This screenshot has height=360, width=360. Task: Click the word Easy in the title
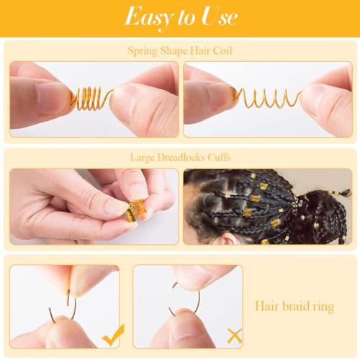pos(148,16)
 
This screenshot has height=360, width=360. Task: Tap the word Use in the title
pos(215,16)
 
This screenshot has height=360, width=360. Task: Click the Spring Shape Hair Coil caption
pos(179,50)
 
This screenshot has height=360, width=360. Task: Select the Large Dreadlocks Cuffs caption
pos(179,156)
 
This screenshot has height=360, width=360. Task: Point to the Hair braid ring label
pos(295,307)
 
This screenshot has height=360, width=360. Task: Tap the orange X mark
pos(234,335)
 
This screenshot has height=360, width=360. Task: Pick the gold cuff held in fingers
pos(132,212)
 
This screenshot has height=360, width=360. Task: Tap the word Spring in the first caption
pos(143,51)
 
